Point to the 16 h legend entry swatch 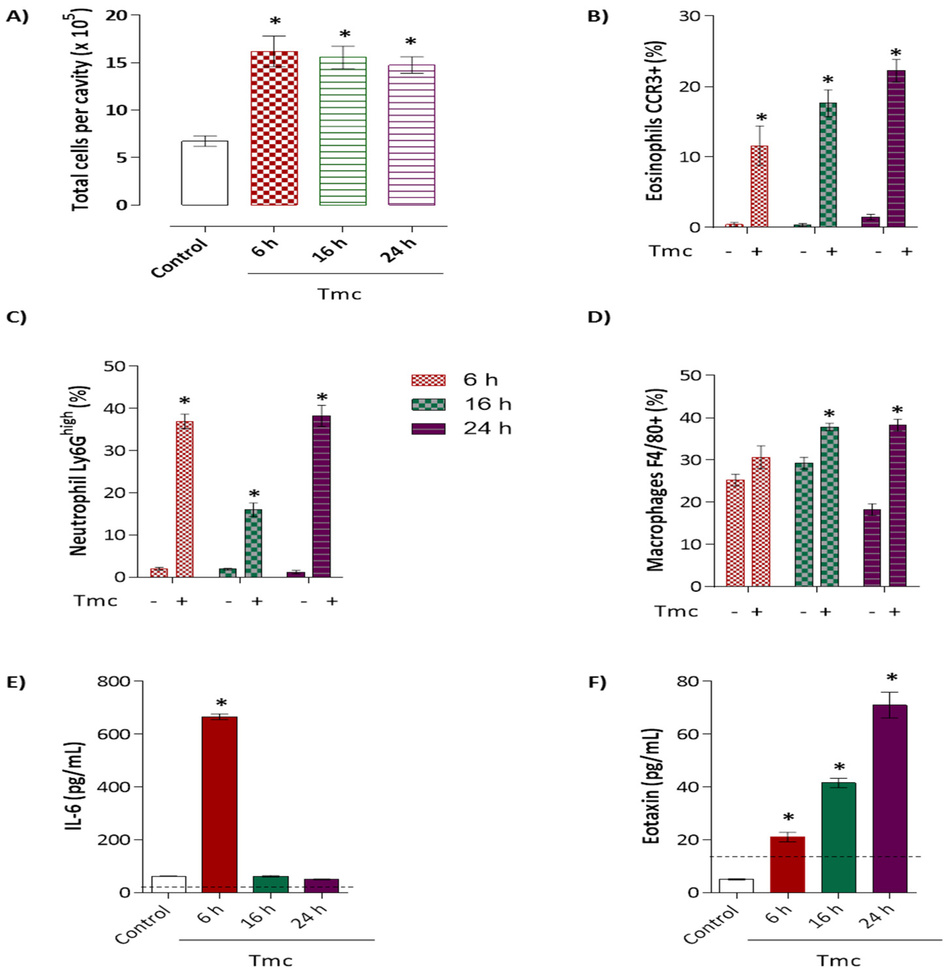tap(428, 404)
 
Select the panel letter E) tap(16, 682)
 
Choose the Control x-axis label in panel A tap(179, 258)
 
